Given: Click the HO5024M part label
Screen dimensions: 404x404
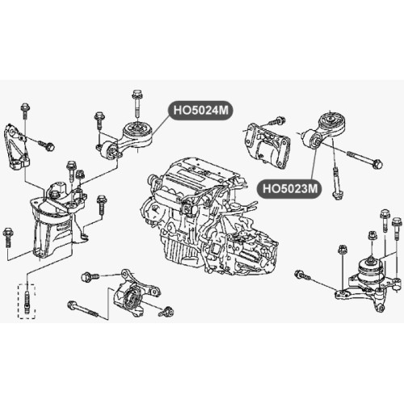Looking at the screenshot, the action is point(200,111).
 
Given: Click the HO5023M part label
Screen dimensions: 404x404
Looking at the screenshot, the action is point(290,188).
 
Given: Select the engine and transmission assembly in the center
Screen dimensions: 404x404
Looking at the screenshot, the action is point(208,218).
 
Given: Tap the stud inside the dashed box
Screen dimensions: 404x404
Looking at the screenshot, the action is point(27,301).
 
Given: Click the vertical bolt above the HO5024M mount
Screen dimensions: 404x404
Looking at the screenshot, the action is point(137,103).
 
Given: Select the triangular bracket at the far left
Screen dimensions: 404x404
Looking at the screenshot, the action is point(17,147).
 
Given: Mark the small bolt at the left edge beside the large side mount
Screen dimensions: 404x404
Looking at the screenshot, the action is point(7,237).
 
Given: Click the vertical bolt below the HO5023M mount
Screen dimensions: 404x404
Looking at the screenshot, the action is point(336,183).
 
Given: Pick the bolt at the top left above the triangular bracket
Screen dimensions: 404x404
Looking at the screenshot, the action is point(25,111).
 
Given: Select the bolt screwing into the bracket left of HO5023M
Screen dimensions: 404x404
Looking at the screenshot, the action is point(277,120).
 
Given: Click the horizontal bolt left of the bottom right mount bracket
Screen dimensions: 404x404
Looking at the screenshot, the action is point(302,275).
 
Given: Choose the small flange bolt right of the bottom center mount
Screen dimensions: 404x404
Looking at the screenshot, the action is point(166,310).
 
